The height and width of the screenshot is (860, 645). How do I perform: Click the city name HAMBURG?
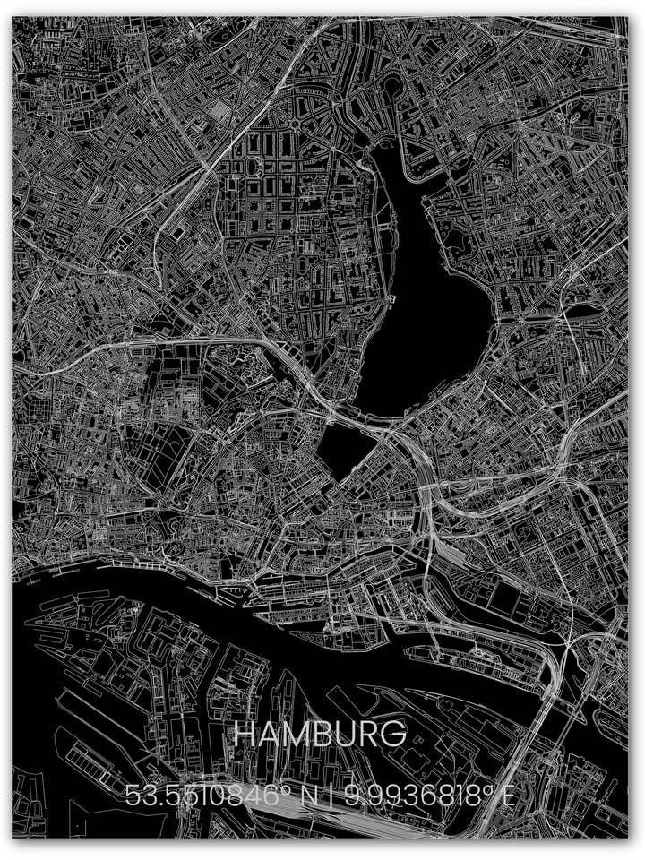point(320,735)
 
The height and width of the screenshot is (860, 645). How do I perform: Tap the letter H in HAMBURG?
point(245,735)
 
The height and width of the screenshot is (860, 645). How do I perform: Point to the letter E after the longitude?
point(508,796)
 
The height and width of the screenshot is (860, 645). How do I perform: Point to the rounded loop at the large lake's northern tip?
point(392,88)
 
